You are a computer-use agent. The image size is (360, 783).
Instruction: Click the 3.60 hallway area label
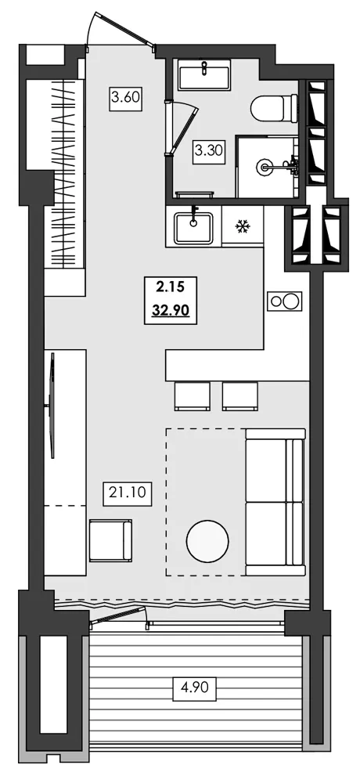124,98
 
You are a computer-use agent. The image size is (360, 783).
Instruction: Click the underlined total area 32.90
171,310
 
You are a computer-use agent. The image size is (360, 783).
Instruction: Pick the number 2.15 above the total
171,287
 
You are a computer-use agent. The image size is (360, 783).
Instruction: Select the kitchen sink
194,228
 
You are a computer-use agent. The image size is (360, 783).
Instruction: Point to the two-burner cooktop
285,301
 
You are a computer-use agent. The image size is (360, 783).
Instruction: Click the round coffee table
207,541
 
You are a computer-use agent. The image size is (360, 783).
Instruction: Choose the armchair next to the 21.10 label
110,540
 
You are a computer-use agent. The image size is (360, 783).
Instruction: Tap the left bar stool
193,396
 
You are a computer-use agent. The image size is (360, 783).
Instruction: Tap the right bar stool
240,396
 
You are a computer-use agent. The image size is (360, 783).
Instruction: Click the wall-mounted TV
52,405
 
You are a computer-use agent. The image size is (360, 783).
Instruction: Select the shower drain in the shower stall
263,166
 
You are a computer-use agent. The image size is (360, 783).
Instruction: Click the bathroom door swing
182,126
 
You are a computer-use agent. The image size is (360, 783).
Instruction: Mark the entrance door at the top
121,29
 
